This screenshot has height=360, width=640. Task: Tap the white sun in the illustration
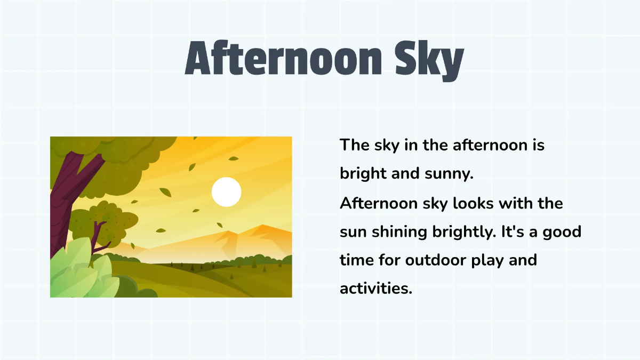point(227,192)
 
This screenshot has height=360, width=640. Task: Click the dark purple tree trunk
point(61,203)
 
